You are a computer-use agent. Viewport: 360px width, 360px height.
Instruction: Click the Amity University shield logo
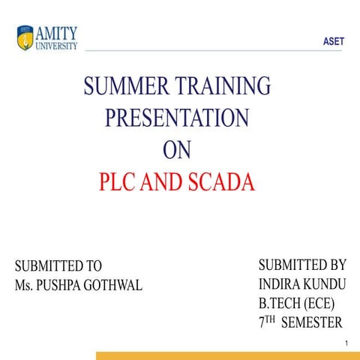25,36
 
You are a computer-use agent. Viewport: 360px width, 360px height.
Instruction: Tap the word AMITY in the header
55,31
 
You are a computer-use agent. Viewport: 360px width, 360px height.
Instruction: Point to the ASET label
334,42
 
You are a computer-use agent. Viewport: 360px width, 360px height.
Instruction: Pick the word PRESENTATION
177,118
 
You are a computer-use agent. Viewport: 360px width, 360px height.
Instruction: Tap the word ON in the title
177,150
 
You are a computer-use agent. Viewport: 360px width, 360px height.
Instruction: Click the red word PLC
118,182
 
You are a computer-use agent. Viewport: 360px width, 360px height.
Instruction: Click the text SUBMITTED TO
58,266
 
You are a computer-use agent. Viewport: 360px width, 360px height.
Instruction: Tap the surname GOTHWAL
117,286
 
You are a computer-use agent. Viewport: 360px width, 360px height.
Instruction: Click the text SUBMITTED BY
302,265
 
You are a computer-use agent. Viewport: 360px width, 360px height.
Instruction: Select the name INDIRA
280,284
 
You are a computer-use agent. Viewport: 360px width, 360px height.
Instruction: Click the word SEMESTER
311,323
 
